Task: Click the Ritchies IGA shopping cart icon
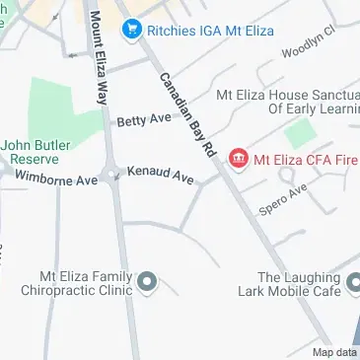[129, 31]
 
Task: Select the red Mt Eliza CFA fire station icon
[237, 158]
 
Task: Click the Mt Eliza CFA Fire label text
[306, 158]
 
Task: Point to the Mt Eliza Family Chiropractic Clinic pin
[148, 284]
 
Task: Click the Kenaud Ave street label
[161, 176]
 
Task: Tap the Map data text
[335, 352]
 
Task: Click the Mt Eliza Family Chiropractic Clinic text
[83, 284]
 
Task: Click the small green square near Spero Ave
[301, 135]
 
